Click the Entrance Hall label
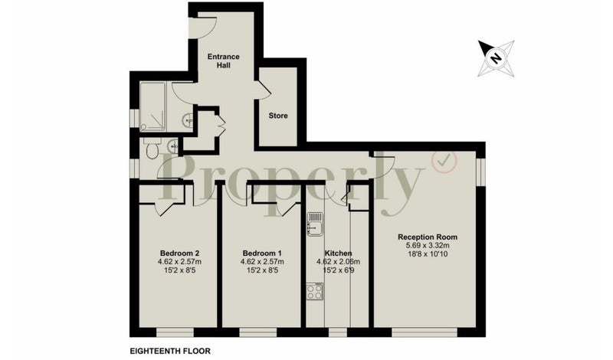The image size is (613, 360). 223,61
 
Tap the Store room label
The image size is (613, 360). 278,116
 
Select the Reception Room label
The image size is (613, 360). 428,237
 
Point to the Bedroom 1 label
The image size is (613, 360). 262,253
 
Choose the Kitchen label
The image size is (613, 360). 338,254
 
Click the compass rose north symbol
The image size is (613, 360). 496,58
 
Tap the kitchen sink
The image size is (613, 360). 315,224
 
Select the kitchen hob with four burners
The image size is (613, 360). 315,291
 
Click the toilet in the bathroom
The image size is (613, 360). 151,149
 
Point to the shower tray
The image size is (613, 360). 153,106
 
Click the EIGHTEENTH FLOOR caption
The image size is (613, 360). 170,351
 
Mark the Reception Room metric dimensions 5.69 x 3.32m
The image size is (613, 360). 428,245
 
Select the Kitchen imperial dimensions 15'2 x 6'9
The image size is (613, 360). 338,270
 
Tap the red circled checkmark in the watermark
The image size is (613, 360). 444,162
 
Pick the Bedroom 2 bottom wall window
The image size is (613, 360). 175,332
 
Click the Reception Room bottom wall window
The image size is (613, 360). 425,332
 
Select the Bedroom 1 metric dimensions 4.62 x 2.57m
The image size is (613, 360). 262,261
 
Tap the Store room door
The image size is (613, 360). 263,89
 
